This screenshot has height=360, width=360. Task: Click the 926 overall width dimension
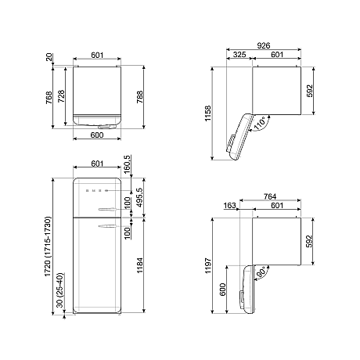click(264, 45)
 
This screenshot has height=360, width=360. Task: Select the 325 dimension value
click(239, 55)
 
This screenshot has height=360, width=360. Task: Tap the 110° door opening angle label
click(260, 123)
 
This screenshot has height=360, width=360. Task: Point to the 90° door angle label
click(261, 272)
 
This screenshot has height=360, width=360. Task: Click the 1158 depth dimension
click(207, 113)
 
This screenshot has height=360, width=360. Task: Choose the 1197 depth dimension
click(208, 265)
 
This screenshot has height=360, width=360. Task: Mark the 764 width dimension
click(270, 196)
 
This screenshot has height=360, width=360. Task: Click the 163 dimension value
click(229, 206)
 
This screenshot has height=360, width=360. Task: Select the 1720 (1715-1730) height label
click(48, 247)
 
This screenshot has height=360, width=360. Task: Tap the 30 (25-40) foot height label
click(59, 290)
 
